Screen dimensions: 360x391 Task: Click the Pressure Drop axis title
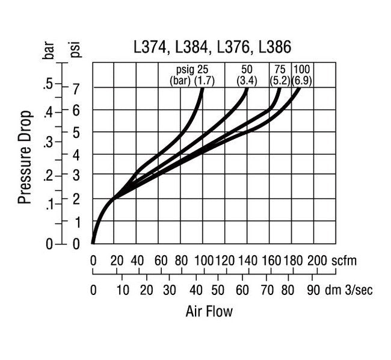coord(25,157)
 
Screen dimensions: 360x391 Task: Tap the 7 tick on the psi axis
coord(76,88)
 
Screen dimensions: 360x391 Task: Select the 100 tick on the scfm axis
coord(204,261)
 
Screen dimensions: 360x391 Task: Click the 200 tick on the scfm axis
coord(317,261)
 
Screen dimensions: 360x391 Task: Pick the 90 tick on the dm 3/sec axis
coord(313,290)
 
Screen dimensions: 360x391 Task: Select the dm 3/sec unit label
coord(349,290)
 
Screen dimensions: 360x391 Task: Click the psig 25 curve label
coord(192,69)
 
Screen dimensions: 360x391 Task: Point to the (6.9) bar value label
coord(303,80)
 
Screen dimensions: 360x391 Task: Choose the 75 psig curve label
coord(280,69)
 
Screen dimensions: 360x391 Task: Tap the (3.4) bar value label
coord(247,80)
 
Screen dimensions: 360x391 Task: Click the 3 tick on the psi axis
coord(76,176)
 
